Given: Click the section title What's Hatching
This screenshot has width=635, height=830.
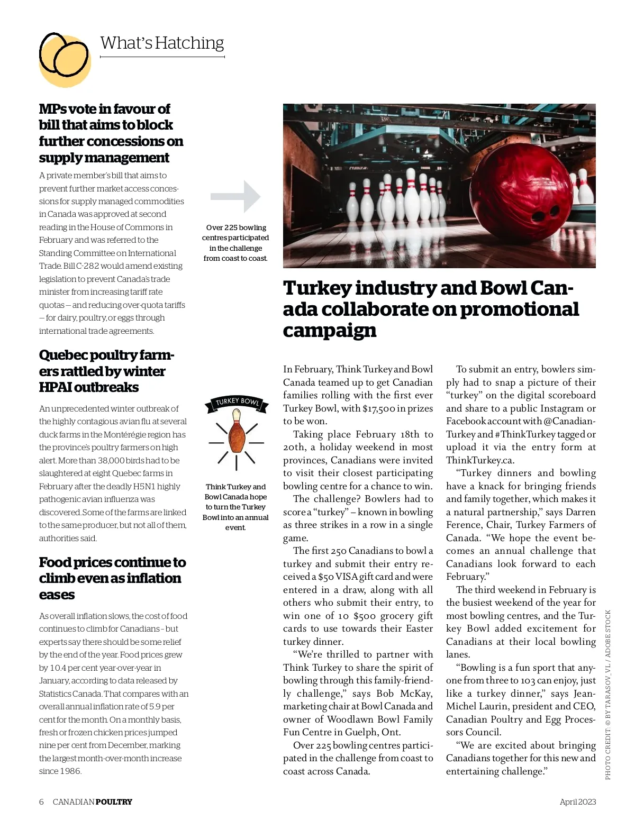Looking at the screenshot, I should point(162,43).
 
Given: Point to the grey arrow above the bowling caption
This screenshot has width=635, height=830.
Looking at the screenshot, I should point(236,196).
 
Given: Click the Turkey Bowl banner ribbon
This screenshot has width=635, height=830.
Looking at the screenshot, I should point(237,403).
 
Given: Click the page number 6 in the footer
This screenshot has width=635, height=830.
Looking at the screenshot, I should point(41,801).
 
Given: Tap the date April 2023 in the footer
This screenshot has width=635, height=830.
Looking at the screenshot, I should point(577,801).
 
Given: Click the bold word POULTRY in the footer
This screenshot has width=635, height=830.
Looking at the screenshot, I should point(114,801).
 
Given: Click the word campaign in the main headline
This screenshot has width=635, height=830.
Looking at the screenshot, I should point(329,331).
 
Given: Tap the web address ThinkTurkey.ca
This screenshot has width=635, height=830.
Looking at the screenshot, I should point(480,460).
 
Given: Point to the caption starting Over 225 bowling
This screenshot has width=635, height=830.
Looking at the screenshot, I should point(236,243).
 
